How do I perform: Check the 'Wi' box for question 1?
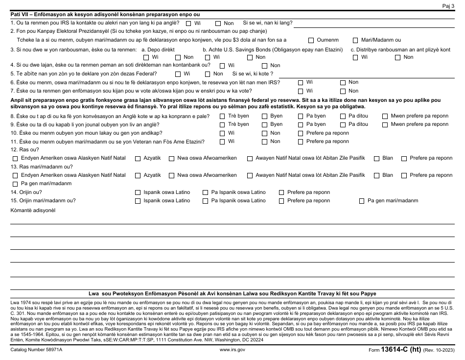(x=188, y=23)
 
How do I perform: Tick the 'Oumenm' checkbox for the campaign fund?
(x=311, y=40)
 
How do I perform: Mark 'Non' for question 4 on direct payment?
(x=264, y=65)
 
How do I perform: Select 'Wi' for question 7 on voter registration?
(x=301, y=91)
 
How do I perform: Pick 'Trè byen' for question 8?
(x=222, y=116)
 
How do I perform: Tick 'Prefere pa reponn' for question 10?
(x=301, y=133)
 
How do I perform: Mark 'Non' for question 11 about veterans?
(x=264, y=142)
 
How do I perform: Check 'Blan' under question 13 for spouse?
(x=377, y=175)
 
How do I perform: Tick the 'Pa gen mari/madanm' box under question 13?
(x=15, y=184)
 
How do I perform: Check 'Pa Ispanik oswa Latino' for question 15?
(x=206, y=200)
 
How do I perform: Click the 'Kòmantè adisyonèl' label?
(x=33, y=210)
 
